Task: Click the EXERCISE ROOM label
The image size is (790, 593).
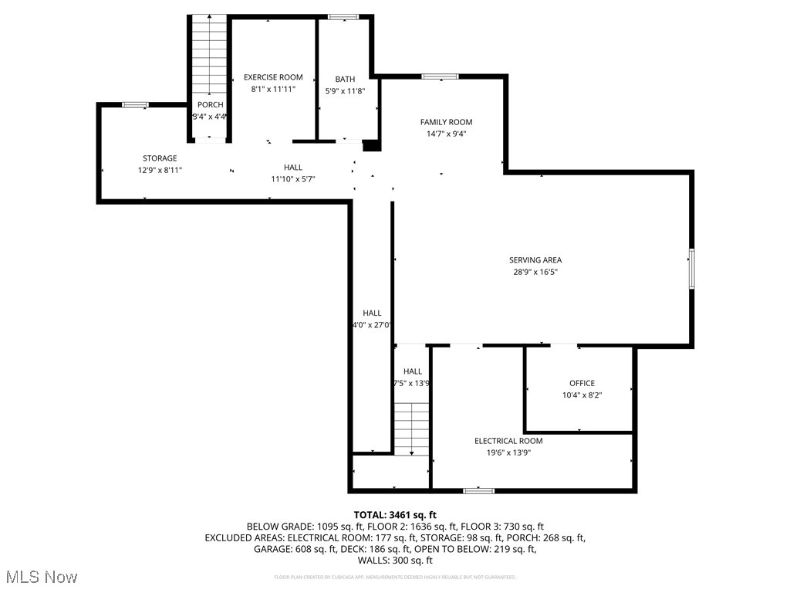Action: pyautogui.click(x=273, y=77)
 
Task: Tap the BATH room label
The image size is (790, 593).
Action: pyautogui.click(x=345, y=79)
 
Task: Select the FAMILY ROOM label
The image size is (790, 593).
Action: pyautogui.click(x=446, y=122)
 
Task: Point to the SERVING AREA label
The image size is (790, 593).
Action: pyautogui.click(x=535, y=260)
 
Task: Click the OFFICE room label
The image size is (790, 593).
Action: pyautogui.click(x=582, y=383)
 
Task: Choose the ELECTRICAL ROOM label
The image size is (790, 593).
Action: pyautogui.click(x=508, y=441)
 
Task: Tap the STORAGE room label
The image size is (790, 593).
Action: pyautogui.click(x=160, y=158)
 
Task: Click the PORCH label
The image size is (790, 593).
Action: pyautogui.click(x=210, y=105)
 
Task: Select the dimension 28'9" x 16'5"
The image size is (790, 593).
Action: pyautogui.click(x=535, y=272)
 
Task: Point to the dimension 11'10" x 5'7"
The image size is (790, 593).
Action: pyautogui.click(x=292, y=179)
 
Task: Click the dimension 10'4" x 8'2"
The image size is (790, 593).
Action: pyautogui.click(x=582, y=395)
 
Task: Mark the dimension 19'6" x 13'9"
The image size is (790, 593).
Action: pyautogui.click(x=508, y=452)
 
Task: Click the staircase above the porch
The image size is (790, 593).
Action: pyautogui.click(x=210, y=54)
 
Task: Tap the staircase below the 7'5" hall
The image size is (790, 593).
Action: pyautogui.click(x=412, y=429)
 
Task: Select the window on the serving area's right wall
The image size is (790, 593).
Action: pyautogui.click(x=691, y=269)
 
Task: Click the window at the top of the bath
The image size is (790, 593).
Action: pyautogui.click(x=343, y=17)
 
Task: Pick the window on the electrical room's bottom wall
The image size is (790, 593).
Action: pyautogui.click(x=478, y=490)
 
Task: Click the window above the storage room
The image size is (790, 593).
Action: pyautogui.click(x=136, y=105)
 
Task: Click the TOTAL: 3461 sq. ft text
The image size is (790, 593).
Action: pyautogui.click(x=395, y=514)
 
